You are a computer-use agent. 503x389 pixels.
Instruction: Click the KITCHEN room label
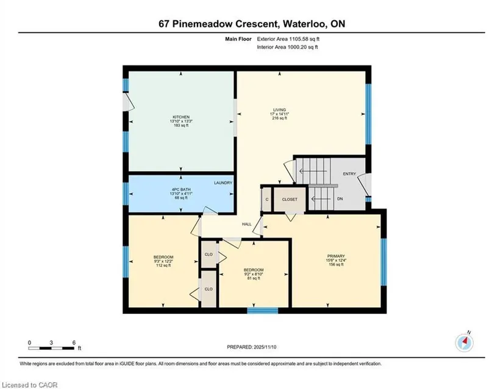coord(181,117)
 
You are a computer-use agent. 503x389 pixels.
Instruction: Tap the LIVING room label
coord(279,110)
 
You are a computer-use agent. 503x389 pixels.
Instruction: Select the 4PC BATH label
coord(181,189)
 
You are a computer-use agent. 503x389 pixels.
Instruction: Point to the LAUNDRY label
coord(223,183)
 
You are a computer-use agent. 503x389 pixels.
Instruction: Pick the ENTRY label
coord(349,174)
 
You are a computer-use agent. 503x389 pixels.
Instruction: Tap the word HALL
coord(247,224)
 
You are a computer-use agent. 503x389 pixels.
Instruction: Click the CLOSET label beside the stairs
coord(290,200)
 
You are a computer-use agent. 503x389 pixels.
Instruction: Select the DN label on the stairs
coord(340,199)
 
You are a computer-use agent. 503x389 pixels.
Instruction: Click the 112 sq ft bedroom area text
coord(163,265)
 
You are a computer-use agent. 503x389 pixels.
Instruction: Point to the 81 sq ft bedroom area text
coord(254,278)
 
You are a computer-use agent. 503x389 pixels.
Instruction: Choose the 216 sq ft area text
coord(279,118)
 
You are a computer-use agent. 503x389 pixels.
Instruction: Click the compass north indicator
coord(465,343)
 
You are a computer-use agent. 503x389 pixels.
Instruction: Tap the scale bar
coord(51,348)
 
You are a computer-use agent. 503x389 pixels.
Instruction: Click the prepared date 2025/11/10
coord(265,347)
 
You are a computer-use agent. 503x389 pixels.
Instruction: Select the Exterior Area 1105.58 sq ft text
coord(288,39)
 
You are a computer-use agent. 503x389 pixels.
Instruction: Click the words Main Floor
coord(238,39)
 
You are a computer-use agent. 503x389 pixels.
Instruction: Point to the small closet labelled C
coord(267,200)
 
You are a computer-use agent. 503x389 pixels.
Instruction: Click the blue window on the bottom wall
coord(262,310)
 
